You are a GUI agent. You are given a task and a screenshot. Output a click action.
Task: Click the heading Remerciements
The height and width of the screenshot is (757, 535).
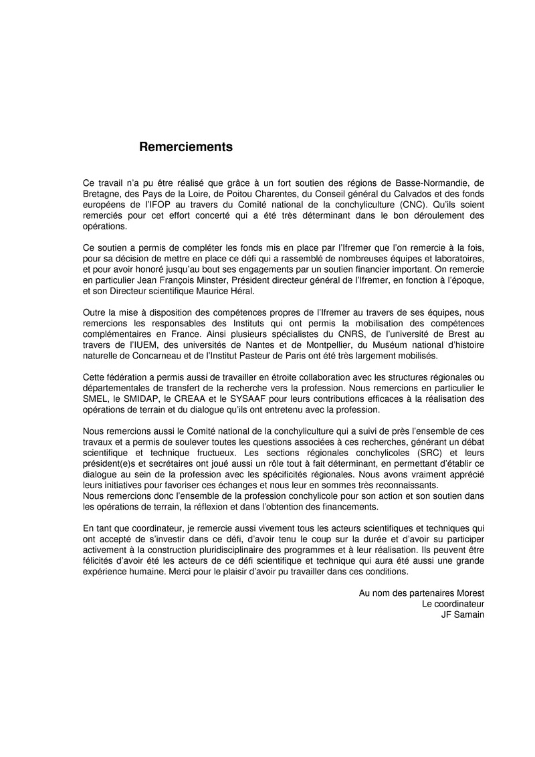coord(186,147)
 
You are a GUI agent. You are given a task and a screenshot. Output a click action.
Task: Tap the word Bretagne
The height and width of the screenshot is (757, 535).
coord(104,194)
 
